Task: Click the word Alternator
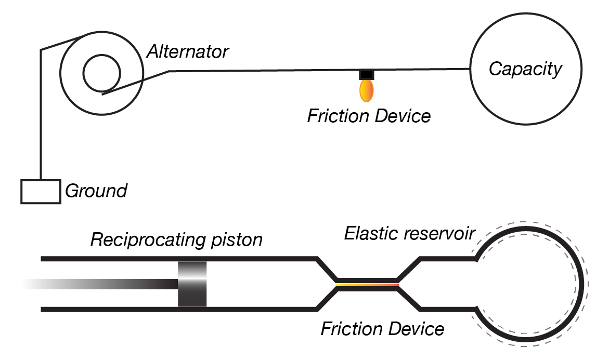[188, 52]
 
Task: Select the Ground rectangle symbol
[40, 191]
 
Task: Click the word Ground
[96, 191]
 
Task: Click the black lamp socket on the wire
[367, 74]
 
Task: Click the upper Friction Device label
[369, 115]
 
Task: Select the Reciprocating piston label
[176, 240]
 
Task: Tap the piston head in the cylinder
[192, 284]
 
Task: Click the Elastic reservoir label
[409, 234]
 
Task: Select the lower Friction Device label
[382, 329]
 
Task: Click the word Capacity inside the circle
[526, 69]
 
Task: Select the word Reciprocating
[146, 240]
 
